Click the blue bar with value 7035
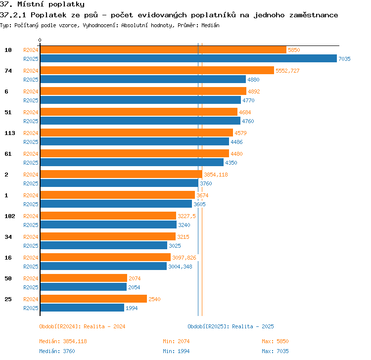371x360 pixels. coord(188,58)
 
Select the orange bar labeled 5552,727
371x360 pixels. coord(157,70)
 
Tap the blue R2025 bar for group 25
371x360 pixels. coord(82,308)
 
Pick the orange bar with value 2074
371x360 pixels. coord(84,278)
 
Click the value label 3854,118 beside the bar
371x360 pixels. coord(216,175)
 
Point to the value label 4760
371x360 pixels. coord(248,121)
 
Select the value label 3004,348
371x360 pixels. coord(180,267)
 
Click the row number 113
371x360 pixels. coord(10,133)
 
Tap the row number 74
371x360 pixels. coord(8,71)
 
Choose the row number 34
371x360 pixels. coord(8,237)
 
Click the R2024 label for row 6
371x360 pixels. coord(31,91)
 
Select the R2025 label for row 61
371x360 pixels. coord(31,163)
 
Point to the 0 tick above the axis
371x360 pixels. coord(40,40)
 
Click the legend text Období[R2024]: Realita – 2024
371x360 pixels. coord(82,326)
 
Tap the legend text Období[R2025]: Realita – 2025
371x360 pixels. coord(231,326)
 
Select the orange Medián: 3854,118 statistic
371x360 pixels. coord(63,341)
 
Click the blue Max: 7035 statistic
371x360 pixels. coord(275,351)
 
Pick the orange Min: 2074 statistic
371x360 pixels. coord(176,341)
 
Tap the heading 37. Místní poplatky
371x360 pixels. coord(42,4)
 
